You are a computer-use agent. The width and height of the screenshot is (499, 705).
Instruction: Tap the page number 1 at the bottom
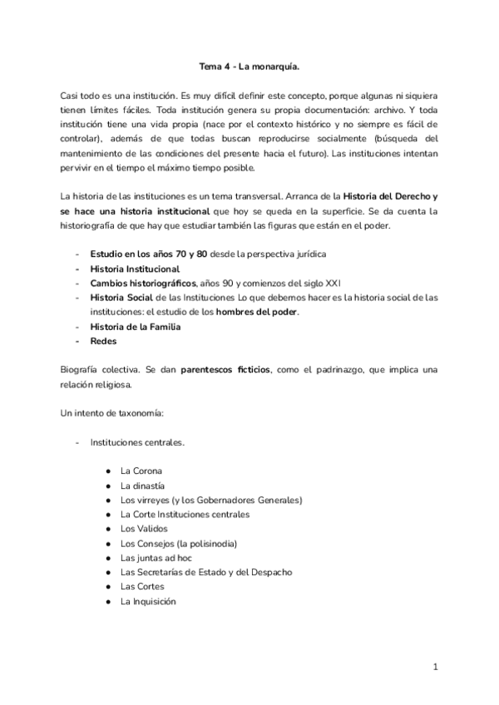[435, 666]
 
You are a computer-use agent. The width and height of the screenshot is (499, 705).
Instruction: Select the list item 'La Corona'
[141, 471]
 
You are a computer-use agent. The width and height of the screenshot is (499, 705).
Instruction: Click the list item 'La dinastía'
[142, 486]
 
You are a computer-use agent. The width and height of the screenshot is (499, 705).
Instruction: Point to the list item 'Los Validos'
[144, 529]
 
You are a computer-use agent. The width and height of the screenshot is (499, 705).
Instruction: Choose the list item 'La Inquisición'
[148, 601]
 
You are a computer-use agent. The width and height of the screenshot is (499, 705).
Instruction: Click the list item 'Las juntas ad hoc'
[156, 558]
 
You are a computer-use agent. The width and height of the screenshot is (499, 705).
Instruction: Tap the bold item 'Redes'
[104, 342]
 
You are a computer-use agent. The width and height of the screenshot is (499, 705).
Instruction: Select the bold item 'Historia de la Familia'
[136, 327]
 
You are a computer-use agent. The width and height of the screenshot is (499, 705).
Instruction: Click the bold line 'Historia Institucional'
[135, 269]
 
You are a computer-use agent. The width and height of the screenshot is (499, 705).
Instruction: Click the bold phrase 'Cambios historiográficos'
[137, 283]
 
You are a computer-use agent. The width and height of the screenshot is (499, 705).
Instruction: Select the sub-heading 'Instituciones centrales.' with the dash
[137, 442]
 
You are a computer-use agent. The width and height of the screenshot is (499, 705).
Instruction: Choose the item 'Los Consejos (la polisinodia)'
[179, 543]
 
